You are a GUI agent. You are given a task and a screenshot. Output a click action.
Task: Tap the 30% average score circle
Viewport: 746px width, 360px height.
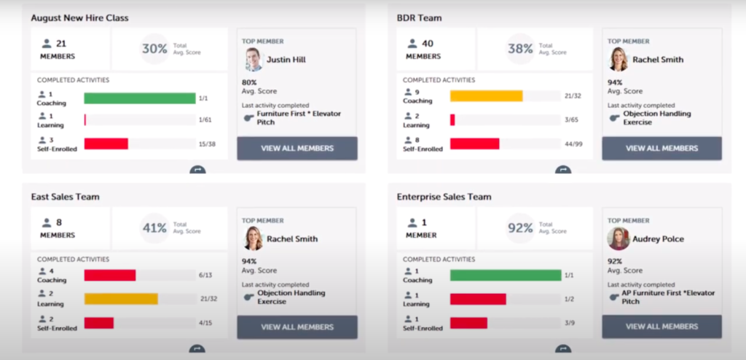pos(154,49)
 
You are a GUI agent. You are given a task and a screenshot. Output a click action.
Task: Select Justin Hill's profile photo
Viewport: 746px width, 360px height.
pos(253,60)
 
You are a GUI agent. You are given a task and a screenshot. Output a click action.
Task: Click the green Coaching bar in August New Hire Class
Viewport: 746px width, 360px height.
pos(139,98)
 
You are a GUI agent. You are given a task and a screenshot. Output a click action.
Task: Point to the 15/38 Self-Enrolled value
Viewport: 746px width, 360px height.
pos(208,144)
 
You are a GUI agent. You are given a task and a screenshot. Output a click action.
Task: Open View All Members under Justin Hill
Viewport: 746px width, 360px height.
pos(297,148)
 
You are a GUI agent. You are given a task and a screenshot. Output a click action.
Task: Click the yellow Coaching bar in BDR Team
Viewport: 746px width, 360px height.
pos(486,96)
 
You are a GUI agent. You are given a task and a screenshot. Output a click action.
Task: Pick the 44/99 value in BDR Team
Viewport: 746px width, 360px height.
pos(573,144)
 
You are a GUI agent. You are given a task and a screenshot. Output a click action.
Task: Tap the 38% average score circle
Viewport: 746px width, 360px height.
pos(520,49)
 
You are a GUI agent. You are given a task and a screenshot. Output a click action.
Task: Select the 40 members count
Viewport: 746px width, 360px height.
pos(427,44)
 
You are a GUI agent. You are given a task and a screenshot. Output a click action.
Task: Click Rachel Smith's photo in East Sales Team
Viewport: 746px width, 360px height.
pos(253,238)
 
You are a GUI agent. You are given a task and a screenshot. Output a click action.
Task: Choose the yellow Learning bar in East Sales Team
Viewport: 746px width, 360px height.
pos(121,299)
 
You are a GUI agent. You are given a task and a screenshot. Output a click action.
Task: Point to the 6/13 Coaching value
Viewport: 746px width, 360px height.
pos(205,275)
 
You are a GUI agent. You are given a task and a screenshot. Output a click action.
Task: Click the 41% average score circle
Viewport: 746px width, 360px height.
pos(154,228)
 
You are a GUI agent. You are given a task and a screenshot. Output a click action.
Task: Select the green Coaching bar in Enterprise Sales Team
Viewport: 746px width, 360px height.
pos(505,275)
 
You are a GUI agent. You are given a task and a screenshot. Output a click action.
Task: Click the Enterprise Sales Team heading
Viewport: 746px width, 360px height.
pos(444,197)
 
